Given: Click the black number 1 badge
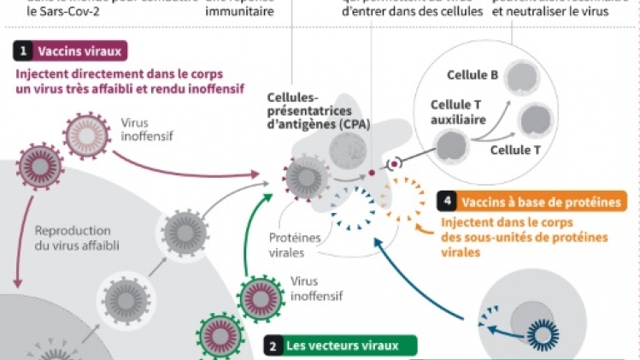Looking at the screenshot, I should (x=23, y=51).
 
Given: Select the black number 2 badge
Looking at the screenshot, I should (x=272, y=346).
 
